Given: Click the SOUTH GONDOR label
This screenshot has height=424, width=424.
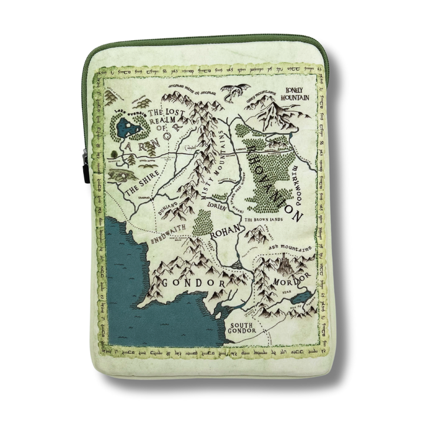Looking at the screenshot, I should (x=243, y=327).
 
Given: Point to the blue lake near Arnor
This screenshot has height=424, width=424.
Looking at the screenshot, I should (x=128, y=125).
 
